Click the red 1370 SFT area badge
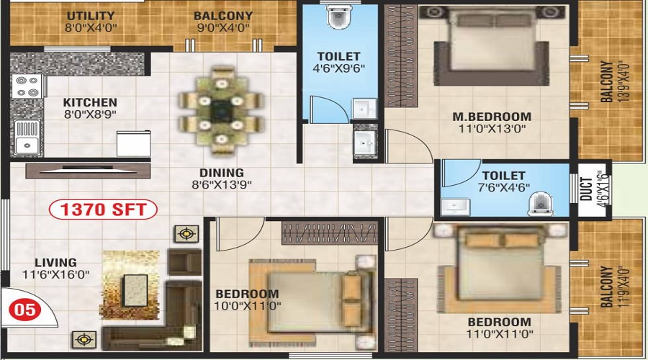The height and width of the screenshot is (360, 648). point(103,210)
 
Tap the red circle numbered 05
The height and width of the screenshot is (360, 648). point(25,310)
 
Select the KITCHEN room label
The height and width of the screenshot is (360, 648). point(90,102)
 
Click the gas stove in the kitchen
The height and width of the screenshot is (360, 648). point(27,86)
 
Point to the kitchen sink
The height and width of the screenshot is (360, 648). point(27,138)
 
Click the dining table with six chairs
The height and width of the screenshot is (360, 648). point(221,112)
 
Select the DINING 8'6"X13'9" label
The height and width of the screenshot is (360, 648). point(222,179)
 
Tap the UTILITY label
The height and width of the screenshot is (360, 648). point(91,16)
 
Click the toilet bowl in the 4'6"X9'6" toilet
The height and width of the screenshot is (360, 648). point(339,17)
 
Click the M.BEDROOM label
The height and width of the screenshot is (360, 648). point(492,117)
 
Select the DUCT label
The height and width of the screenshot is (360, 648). point(586,189)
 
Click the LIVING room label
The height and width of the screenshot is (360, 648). point(55,263)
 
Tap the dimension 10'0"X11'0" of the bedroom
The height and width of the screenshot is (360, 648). point(248,306)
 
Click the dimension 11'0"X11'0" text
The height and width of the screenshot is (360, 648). point(500,333)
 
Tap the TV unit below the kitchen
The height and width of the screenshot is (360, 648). point(88,171)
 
